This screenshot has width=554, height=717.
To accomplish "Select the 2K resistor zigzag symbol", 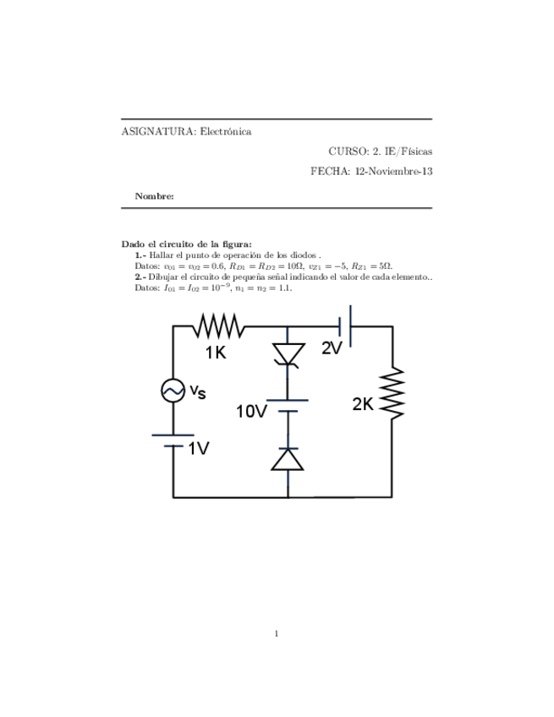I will (x=393, y=391).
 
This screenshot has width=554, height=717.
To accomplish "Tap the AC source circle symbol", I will (x=173, y=391).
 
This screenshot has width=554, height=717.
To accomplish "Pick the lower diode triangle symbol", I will (x=288, y=458).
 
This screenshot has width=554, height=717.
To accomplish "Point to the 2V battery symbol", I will (x=344, y=324).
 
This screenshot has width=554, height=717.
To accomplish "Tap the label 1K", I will (x=216, y=353).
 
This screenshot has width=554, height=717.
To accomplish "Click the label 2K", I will (x=362, y=405).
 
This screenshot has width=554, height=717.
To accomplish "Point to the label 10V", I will (x=251, y=412).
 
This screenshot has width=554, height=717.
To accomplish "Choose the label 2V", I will (x=332, y=348).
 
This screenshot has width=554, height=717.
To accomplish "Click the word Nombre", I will (x=154, y=196).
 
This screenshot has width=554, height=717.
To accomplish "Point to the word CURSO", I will (x=347, y=151).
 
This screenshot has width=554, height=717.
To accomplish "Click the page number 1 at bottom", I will (x=277, y=632).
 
